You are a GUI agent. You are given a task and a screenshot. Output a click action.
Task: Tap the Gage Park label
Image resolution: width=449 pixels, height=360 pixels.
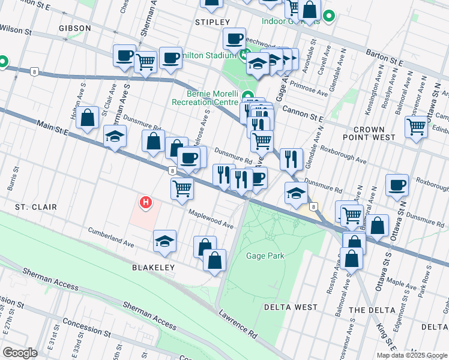coord(265,256)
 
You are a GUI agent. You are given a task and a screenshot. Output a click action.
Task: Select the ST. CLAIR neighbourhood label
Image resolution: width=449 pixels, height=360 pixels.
coord(36,207)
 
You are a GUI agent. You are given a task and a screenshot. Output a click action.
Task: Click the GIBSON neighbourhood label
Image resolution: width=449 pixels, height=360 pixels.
coord(75,28)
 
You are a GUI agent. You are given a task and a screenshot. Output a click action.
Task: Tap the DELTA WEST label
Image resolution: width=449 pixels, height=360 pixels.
coord(291,307)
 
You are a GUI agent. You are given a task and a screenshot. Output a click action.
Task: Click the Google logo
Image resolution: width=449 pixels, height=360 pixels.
coord(20,353)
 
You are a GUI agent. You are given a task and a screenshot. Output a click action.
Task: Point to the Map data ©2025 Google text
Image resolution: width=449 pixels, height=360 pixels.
coord(411,355)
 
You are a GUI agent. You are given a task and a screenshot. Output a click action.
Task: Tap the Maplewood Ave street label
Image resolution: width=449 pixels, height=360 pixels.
coord(210,219)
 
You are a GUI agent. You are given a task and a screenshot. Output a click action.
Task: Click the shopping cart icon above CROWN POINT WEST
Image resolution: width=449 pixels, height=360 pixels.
coord(416,127)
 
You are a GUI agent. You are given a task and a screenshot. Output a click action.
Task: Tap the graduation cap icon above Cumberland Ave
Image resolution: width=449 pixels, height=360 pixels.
coord(164,241)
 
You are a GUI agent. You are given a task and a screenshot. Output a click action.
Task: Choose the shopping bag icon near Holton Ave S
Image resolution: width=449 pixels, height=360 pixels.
coord(88,118)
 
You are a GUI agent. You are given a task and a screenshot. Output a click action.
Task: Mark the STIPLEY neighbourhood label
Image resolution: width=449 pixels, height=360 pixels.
coord(209,22)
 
